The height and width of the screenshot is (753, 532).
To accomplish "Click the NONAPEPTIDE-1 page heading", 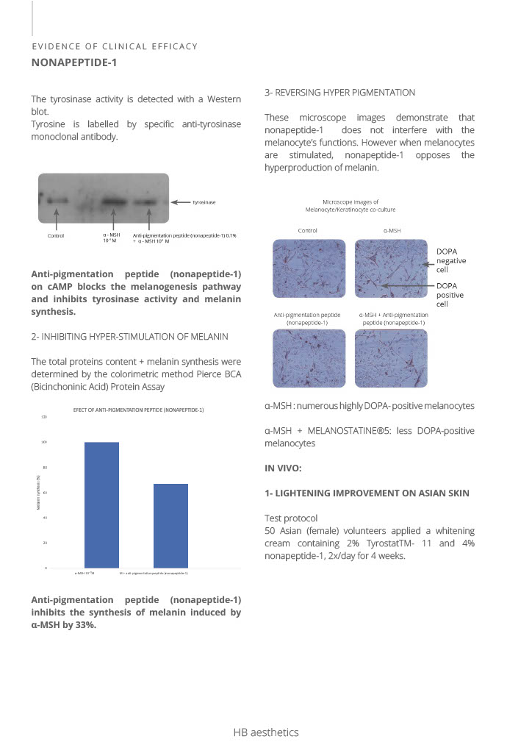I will click(74, 63).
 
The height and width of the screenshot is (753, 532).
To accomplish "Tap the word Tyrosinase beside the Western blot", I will click(204, 201).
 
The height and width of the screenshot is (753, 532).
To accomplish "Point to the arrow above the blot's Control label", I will click(56, 218).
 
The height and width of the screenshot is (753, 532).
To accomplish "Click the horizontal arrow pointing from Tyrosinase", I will click(181, 201).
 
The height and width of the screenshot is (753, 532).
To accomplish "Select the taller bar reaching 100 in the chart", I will click(101, 504).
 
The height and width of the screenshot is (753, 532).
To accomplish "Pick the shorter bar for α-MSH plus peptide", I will click(170, 525).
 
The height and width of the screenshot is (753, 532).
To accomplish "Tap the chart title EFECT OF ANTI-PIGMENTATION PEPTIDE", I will click(139, 410).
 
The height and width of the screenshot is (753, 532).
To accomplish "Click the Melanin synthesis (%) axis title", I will click(38, 493).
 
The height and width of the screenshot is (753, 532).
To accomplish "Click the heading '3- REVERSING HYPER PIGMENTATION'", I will click(339, 93).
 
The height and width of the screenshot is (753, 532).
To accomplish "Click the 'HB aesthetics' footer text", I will click(266, 732).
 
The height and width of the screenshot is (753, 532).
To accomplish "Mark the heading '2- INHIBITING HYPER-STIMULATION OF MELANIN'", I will click(129, 336).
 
